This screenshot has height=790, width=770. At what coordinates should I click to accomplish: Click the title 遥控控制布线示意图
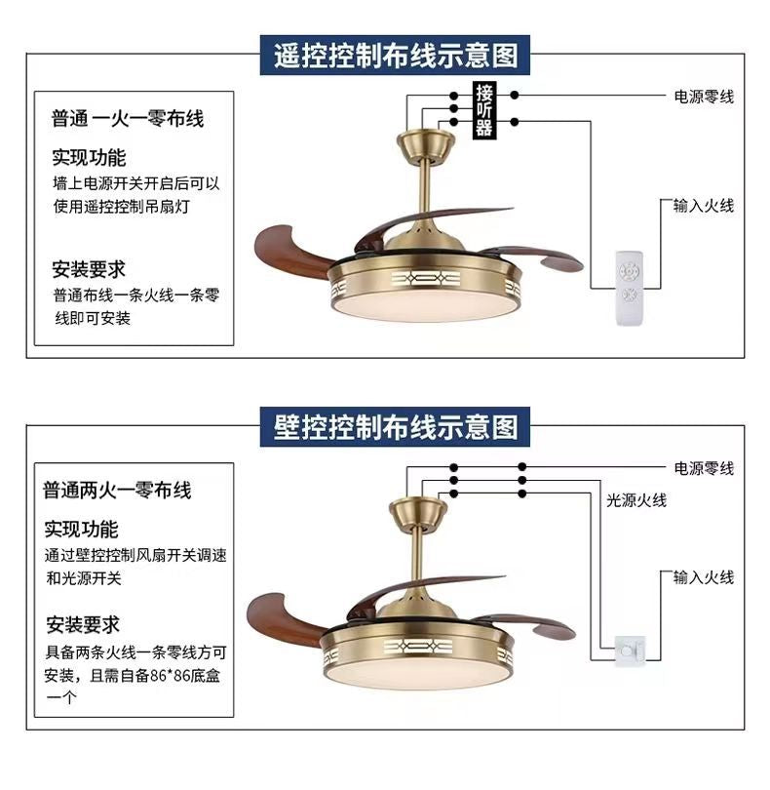395,56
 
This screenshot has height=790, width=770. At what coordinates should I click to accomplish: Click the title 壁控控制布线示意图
395,426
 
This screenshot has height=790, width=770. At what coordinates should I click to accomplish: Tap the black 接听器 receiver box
484,111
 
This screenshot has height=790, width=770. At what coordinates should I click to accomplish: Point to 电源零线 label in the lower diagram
703,468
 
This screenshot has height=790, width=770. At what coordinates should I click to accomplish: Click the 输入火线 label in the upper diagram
703,206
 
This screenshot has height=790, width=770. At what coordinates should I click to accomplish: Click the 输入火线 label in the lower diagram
703,577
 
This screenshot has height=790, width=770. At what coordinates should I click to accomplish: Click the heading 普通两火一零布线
117,490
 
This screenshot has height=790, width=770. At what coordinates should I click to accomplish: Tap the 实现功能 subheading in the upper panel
89,157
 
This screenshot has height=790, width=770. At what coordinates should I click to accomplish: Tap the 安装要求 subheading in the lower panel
82,625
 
